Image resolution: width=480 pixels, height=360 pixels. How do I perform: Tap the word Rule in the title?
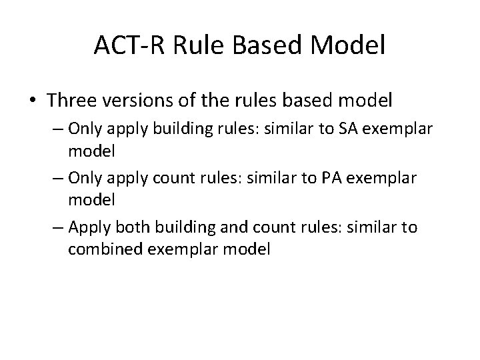coord(193,45)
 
